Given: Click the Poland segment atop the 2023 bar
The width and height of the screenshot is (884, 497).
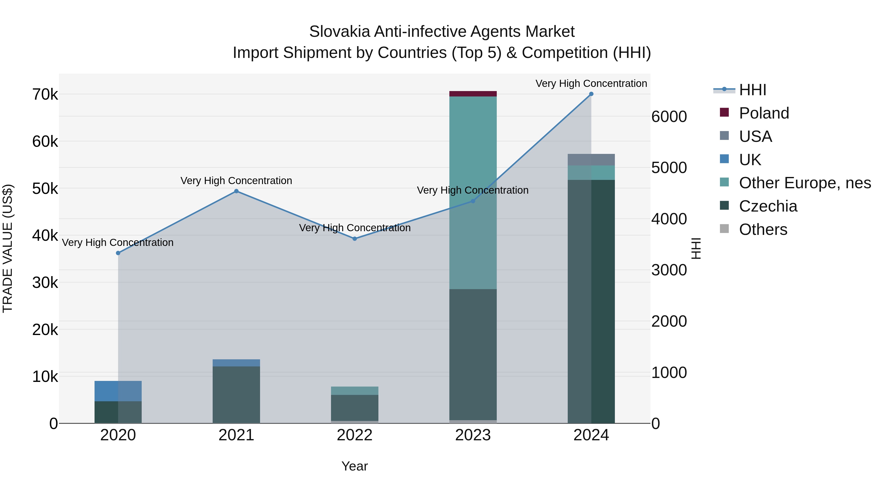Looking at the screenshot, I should tap(473, 94).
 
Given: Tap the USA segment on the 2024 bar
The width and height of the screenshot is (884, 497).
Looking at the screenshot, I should tap(591, 160).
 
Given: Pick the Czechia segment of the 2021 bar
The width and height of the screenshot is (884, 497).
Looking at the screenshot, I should tap(236, 394).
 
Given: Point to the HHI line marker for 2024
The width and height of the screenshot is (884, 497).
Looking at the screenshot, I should tap(591, 94).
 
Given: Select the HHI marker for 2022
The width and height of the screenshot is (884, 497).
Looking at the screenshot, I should tap(355, 239).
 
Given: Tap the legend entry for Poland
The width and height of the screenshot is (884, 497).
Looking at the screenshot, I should tap(764, 113).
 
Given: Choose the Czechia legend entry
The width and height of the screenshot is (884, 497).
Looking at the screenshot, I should tap(768, 206).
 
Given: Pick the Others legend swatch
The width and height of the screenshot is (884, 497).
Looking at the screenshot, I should tap(724, 229).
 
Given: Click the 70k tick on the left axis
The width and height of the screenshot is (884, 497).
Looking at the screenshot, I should tap(45, 95).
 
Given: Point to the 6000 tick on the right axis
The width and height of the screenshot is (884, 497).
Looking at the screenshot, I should tap(669, 117).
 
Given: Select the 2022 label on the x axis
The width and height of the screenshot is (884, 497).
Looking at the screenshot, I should tap(355, 435).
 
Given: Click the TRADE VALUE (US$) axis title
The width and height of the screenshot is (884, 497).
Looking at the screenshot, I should tap(8, 248).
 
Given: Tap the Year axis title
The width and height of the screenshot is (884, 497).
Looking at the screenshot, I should tap(355, 466).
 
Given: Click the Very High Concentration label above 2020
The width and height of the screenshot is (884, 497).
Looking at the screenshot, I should tap(118, 242).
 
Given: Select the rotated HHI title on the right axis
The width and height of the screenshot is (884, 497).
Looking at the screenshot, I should tap(696, 248).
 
